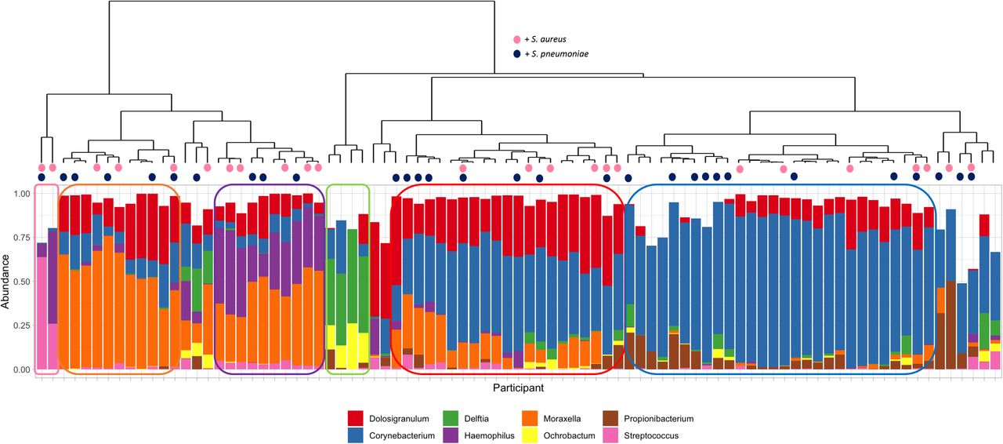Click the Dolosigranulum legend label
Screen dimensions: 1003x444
(x=399, y=419)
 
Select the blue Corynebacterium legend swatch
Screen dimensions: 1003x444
(x=355, y=435)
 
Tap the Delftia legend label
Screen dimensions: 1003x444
(x=476, y=419)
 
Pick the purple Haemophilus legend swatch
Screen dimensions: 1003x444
(x=450, y=435)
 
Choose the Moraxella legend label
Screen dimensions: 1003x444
(x=562, y=419)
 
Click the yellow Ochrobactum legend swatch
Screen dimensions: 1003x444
(x=530, y=435)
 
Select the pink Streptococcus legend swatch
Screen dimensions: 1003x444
(x=610, y=435)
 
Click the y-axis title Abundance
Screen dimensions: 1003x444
(x=5, y=281)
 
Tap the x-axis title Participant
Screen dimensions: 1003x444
(x=519, y=388)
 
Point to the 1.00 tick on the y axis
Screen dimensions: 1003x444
(x=21, y=194)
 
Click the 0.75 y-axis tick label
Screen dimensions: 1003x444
(x=21, y=237)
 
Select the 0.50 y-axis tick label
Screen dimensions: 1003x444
(x=21, y=282)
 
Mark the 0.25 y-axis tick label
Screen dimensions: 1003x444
(x=21, y=325)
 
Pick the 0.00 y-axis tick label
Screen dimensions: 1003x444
(x=21, y=369)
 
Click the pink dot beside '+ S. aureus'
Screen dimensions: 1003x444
(x=517, y=39)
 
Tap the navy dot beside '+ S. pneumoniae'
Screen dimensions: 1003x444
(x=517, y=54)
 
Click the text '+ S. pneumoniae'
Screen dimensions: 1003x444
(x=556, y=54)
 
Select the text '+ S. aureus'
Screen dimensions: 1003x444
(x=545, y=39)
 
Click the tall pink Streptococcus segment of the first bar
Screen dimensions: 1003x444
(x=42, y=313)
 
